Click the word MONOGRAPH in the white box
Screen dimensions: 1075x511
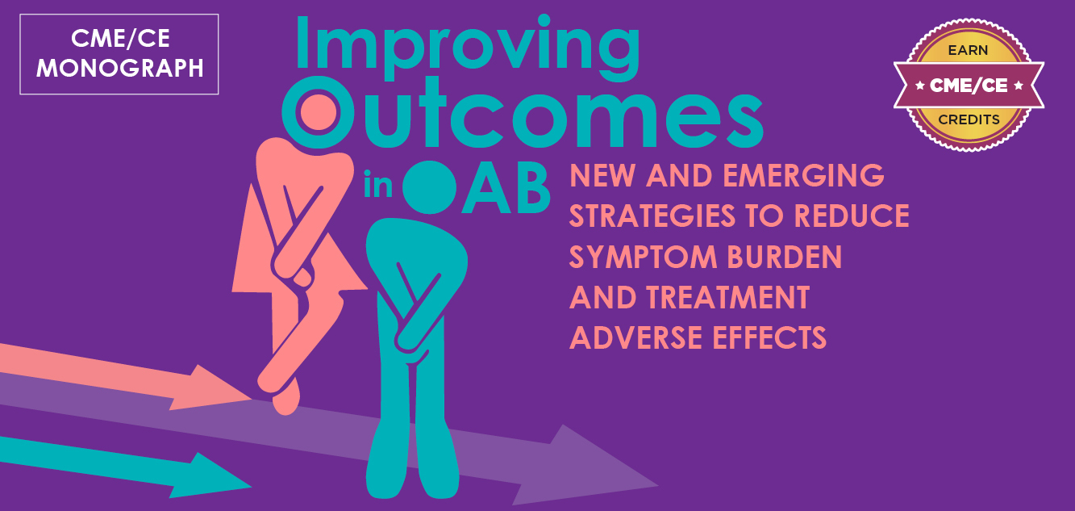point(120,68)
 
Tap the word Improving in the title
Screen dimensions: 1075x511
point(468,47)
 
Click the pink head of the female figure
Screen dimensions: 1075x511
point(319,112)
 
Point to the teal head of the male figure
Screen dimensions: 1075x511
point(429,186)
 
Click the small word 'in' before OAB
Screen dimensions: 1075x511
point(378,184)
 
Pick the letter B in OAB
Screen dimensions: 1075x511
point(531,188)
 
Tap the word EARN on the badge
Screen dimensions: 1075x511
point(968,50)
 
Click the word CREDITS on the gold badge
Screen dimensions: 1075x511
point(969,119)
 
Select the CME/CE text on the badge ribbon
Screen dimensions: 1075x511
point(969,86)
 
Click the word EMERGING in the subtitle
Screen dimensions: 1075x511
point(803,175)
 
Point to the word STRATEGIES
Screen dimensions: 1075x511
point(652,216)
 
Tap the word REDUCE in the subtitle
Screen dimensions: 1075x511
point(852,216)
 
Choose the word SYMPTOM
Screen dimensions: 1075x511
point(643,257)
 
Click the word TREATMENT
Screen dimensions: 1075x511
point(727,297)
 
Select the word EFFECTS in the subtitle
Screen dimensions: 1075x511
point(769,337)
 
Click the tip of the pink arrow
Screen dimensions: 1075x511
point(252,399)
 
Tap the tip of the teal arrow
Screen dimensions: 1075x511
point(252,487)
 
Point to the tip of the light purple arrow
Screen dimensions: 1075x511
point(658,485)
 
